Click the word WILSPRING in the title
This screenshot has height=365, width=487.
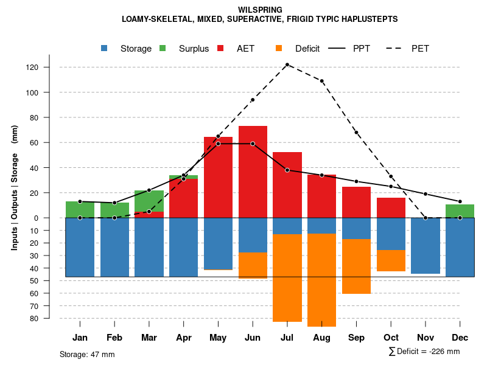pyautogui.click(x=260, y=10)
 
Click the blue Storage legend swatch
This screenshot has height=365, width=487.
pyautogui.click(x=105, y=49)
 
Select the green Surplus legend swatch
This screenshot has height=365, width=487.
pyautogui.click(x=163, y=49)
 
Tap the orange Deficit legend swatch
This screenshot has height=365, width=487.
pyautogui.click(x=279, y=49)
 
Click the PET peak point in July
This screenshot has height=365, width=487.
pyautogui.click(x=287, y=64)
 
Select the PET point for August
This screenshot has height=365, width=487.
pyautogui.click(x=322, y=81)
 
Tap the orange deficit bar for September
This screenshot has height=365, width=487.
pyautogui.click(x=357, y=266)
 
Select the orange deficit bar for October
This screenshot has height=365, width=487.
pyautogui.click(x=391, y=260)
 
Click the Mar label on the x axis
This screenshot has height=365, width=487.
pyautogui.click(x=149, y=338)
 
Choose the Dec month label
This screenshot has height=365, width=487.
pyautogui.click(x=460, y=338)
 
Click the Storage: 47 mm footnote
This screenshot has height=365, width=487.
pyautogui.click(x=87, y=354)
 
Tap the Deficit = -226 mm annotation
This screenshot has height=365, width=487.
pyautogui.click(x=424, y=352)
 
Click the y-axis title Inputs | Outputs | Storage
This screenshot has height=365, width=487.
pyautogui.click(x=15, y=192)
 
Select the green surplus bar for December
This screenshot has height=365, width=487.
pyautogui.click(x=460, y=211)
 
